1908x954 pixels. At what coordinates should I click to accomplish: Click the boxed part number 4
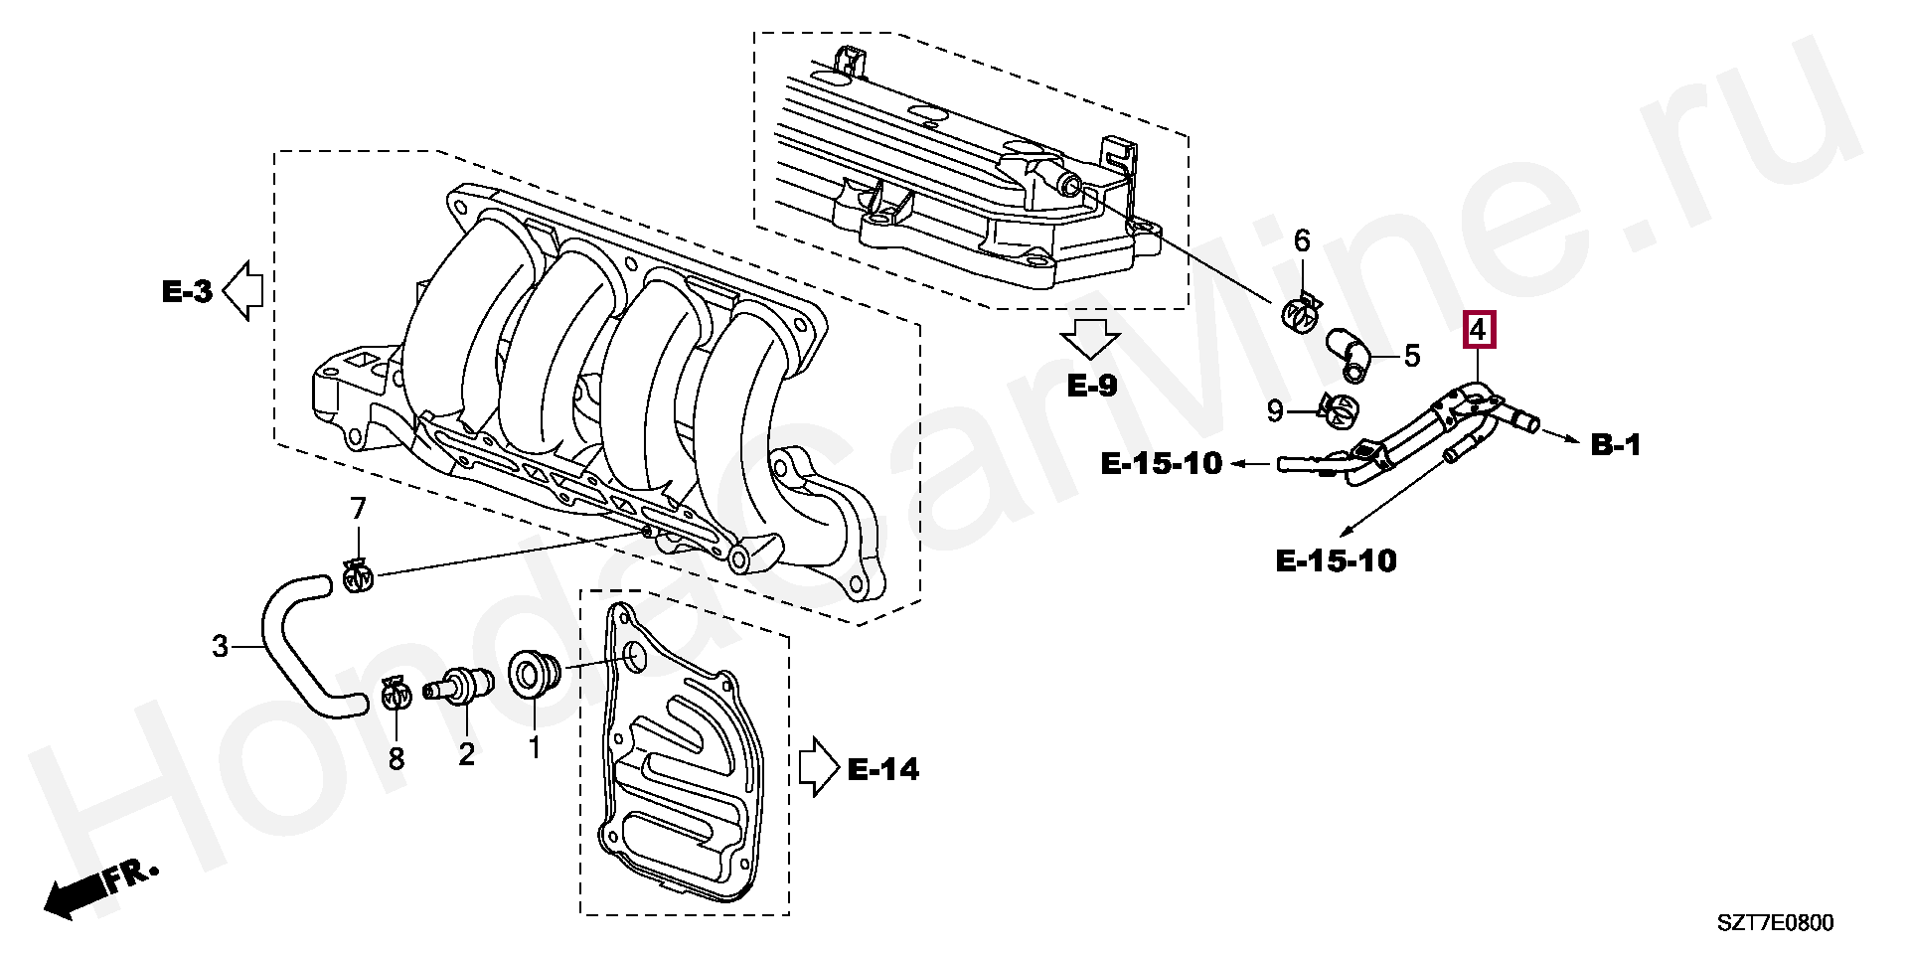coord(1478,329)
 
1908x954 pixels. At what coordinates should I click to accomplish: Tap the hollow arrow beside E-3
coord(241,291)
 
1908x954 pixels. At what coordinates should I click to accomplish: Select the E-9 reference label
coord(1092,385)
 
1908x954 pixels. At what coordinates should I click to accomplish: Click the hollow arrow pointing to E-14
coord(820,768)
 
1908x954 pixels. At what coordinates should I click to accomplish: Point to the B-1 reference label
coord(1616,445)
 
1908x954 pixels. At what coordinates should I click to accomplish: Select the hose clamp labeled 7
coord(358,573)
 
